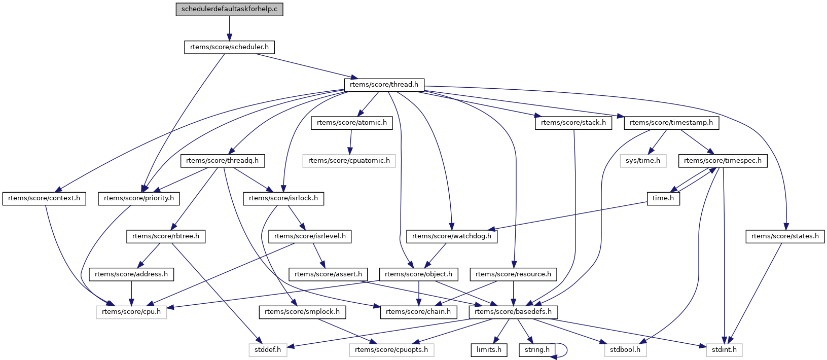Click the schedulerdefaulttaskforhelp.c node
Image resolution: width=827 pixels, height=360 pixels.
click(x=229, y=9)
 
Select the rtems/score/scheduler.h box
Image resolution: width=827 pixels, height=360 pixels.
click(x=229, y=47)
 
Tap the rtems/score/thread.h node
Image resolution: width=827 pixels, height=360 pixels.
click(x=384, y=85)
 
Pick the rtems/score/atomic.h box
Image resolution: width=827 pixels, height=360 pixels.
click(x=351, y=123)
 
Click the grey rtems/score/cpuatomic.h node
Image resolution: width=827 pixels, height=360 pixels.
click(x=349, y=161)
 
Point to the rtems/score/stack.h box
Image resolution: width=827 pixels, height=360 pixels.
click(x=573, y=123)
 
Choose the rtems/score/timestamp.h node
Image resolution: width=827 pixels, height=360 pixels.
click(x=671, y=123)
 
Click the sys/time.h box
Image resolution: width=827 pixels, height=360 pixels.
click(x=642, y=161)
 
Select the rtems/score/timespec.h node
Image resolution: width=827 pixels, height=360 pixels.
click(x=723, y=161)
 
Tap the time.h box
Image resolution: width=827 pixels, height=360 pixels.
click(x=663, y=198)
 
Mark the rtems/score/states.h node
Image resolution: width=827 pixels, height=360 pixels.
click(x=785, y=236)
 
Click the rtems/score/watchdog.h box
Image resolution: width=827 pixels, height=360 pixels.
click(x=452, y=236)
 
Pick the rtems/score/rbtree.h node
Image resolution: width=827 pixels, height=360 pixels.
click(x=166, y=236)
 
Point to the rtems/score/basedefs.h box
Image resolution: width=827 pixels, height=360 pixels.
click(x=513, y=312)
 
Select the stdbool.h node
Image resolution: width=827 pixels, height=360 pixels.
click(x=625, y=350)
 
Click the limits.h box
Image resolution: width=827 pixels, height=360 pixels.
click(x=489, y=350)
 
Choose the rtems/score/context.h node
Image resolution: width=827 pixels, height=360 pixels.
click(x=44, y=198)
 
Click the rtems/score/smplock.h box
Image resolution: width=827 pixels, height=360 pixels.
click(x=302, y=312)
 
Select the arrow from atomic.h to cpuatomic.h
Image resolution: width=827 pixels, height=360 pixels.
click(x=350, y=142)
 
